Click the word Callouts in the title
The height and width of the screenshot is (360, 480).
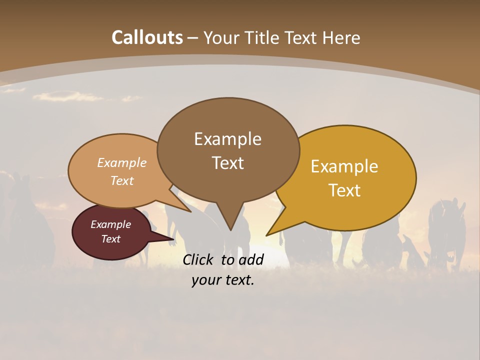[147, 37]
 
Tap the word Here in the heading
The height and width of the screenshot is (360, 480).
[341, 37]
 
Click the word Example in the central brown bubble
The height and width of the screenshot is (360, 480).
[227, 139]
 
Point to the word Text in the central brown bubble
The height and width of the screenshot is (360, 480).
[227, 163]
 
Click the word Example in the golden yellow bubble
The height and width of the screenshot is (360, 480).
[344, 166]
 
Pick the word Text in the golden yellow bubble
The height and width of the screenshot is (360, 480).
[344, 190]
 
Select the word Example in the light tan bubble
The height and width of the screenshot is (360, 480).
[122, 163]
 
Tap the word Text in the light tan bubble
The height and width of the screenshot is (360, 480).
[122, 181]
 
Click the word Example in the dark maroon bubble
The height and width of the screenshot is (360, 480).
[110, 224]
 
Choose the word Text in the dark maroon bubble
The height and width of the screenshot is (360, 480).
[110, 239]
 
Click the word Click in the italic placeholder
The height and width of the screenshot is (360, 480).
[199, 259]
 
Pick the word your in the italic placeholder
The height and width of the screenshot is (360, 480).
[205, 280]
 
